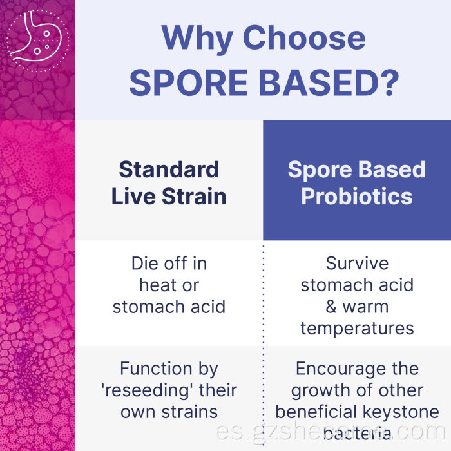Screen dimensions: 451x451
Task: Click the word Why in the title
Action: pyautogui.click(x=195, y=38)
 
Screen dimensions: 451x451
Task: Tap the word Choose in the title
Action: pyautogui.click(x=303, y=38)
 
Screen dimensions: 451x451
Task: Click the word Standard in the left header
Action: pyautogui.click(x=169, y=169)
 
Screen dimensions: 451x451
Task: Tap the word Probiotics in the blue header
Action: pyautogui.click(x=357, y=196)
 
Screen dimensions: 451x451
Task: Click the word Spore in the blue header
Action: pyautogui.click(x=318, y=169)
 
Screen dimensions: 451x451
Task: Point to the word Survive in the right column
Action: pyautogui.click(x=357, y=264)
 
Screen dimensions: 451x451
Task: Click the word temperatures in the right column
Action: pyautogui.click(x=357, y=329)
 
